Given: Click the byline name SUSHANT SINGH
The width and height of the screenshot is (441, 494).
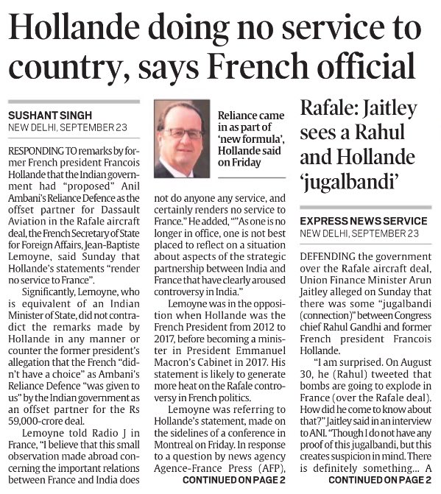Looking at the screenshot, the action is coord(50,115).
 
